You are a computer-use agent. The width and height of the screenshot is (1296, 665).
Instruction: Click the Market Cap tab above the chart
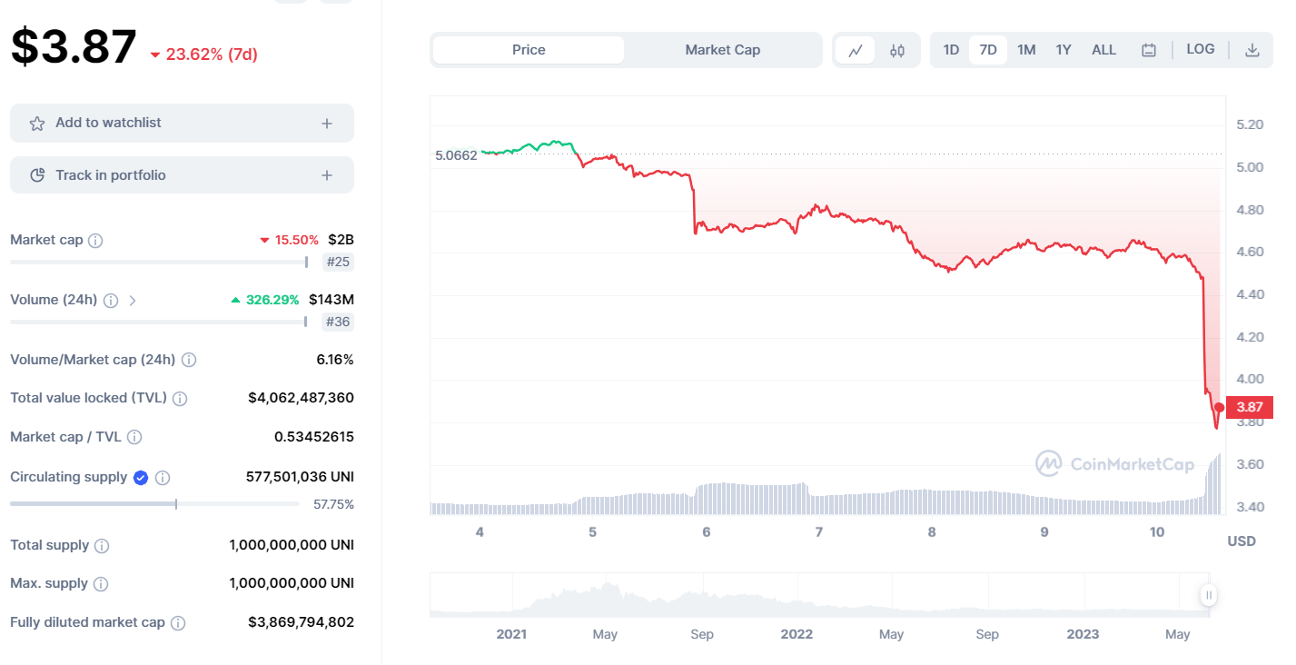[x=722, y=50]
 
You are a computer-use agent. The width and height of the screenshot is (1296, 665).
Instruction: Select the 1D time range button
[x=951, y=50]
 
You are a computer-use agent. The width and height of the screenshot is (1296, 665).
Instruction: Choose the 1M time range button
[x=1026, y=50]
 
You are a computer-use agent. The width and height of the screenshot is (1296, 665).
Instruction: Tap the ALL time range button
[x=1103, y=50]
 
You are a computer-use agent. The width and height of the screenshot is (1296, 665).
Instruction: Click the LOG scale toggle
[x=1200, y=49]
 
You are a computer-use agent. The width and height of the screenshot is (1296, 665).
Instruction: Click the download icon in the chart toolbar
[x=1251, y=50]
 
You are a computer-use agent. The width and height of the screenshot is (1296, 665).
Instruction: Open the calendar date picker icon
[x=1149, y=50]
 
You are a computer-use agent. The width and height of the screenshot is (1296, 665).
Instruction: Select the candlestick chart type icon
[x=897, y=50]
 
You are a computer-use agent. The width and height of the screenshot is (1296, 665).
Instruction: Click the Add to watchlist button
[x=182, y=123]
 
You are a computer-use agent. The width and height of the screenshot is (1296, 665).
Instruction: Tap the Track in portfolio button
[x=182, y=175]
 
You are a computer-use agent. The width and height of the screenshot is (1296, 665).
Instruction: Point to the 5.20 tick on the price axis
[x=1250, y=124]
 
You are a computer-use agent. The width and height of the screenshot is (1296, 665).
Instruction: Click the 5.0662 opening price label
[x=456, y=155]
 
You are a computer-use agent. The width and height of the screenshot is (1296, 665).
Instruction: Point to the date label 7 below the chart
[x=818, y=532]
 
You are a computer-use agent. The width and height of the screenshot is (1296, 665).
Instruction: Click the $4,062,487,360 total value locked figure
[x=301, y=398]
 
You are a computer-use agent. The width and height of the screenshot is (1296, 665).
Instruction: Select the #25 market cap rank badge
[x=338, y=263]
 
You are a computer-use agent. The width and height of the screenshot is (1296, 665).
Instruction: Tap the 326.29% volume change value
[x=272, y=300]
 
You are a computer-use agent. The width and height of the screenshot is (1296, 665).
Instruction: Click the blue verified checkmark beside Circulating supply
[x=141, y=477]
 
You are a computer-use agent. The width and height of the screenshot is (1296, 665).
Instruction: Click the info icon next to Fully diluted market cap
[x=178, y=623]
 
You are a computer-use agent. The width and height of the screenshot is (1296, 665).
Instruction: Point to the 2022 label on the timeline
[x=796, y=634]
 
